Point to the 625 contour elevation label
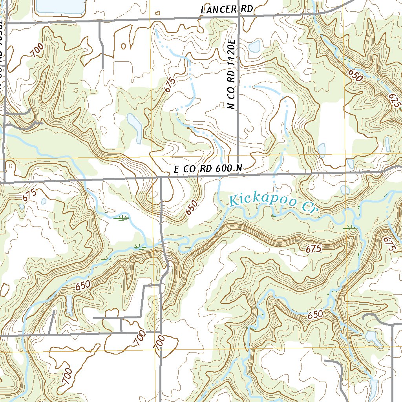396,100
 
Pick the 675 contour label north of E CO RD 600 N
169,84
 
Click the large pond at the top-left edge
60,6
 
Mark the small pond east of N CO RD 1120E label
255,46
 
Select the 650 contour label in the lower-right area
315,314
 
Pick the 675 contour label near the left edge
29,195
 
